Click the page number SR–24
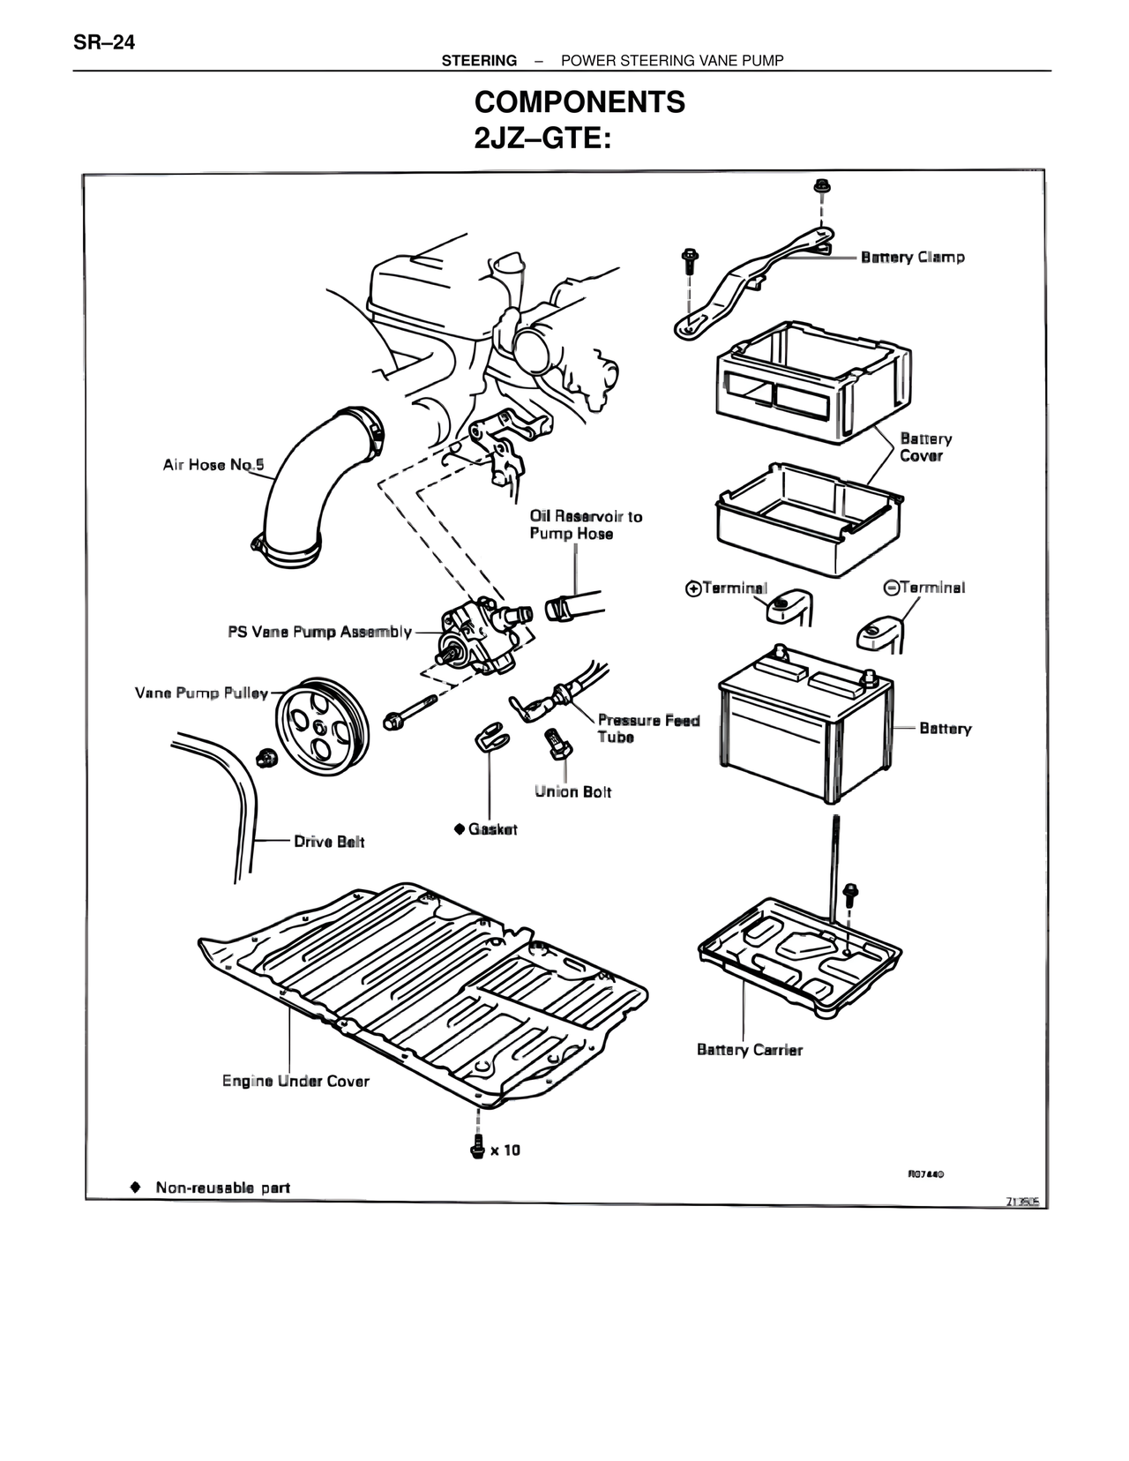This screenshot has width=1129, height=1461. coord(104,42)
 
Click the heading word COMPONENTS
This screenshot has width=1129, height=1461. coord(579,102)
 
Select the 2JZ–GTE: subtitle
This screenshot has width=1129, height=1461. coord(542,139)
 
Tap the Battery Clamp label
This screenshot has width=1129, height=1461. coord(912,258)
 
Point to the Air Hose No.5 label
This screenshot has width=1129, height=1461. coord(213,465)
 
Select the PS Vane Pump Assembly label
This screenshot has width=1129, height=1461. coord(319,632)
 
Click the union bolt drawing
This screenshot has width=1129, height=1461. coord(556,743)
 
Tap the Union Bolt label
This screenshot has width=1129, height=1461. coord(572,791)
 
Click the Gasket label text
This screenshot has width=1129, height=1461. coord(492,829)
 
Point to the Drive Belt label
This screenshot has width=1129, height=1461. coord(329,842)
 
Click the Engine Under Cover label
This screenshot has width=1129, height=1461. coord(295,1081)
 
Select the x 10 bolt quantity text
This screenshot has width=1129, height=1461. coord(505,1150)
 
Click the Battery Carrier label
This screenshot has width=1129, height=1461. coord(749,1050)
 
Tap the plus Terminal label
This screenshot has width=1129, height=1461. coord(727,588)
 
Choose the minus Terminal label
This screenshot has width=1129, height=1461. coord(924,588)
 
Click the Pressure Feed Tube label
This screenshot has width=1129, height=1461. coord(647,728)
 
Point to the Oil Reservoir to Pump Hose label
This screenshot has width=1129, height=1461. coord(585,525)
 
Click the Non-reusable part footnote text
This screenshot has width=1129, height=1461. coord(222,1188)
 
